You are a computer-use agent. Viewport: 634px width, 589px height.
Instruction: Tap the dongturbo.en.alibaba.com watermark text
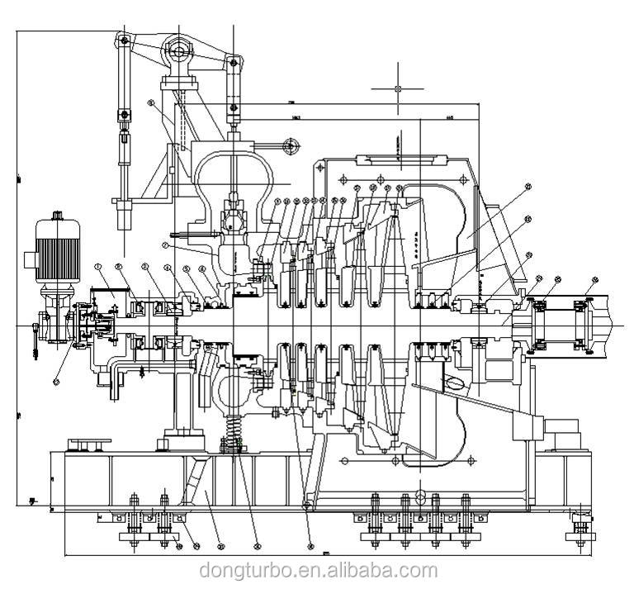click(x=318, y=571)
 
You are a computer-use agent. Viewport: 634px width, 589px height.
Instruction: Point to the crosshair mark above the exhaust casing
click(x=398, y=88)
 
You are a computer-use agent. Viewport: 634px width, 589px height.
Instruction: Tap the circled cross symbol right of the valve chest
click(x=289, y=146)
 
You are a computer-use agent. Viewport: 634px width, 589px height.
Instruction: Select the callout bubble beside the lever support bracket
click(x=152, y=103)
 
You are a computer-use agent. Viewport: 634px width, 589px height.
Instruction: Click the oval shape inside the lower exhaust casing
click(x=456, y=382)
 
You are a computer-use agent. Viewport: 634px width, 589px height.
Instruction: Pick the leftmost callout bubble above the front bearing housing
click(x=97, y=267)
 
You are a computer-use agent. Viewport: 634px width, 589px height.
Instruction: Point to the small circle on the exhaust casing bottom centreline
click(x=419, y=495)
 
